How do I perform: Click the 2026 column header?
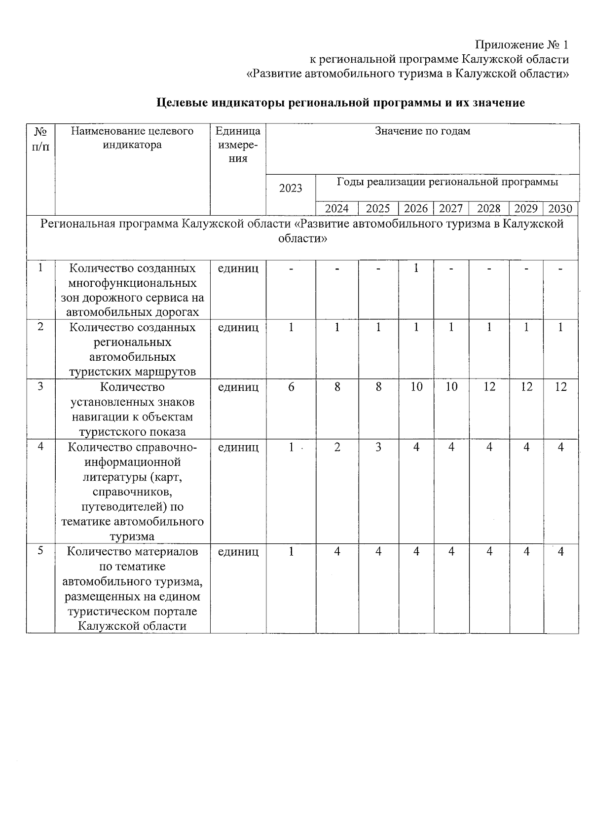point(415,208)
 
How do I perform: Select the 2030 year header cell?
point(560,208)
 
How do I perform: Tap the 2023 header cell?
point(291,188)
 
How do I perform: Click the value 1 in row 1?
point(416,268)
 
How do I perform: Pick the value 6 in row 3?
point(291,387)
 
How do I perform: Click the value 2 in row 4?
point(337,447)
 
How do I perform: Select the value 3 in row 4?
point(378,447)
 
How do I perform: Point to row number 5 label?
point(40,551)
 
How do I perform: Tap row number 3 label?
point(40,386)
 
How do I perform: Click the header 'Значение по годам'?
point(422,131)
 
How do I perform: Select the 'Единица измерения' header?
point(238,145)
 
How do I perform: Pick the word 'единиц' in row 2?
point(238,327)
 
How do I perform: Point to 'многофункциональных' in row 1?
point(132,283)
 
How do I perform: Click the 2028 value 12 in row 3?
point(489,387)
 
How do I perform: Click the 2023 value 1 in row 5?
point(291,551)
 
